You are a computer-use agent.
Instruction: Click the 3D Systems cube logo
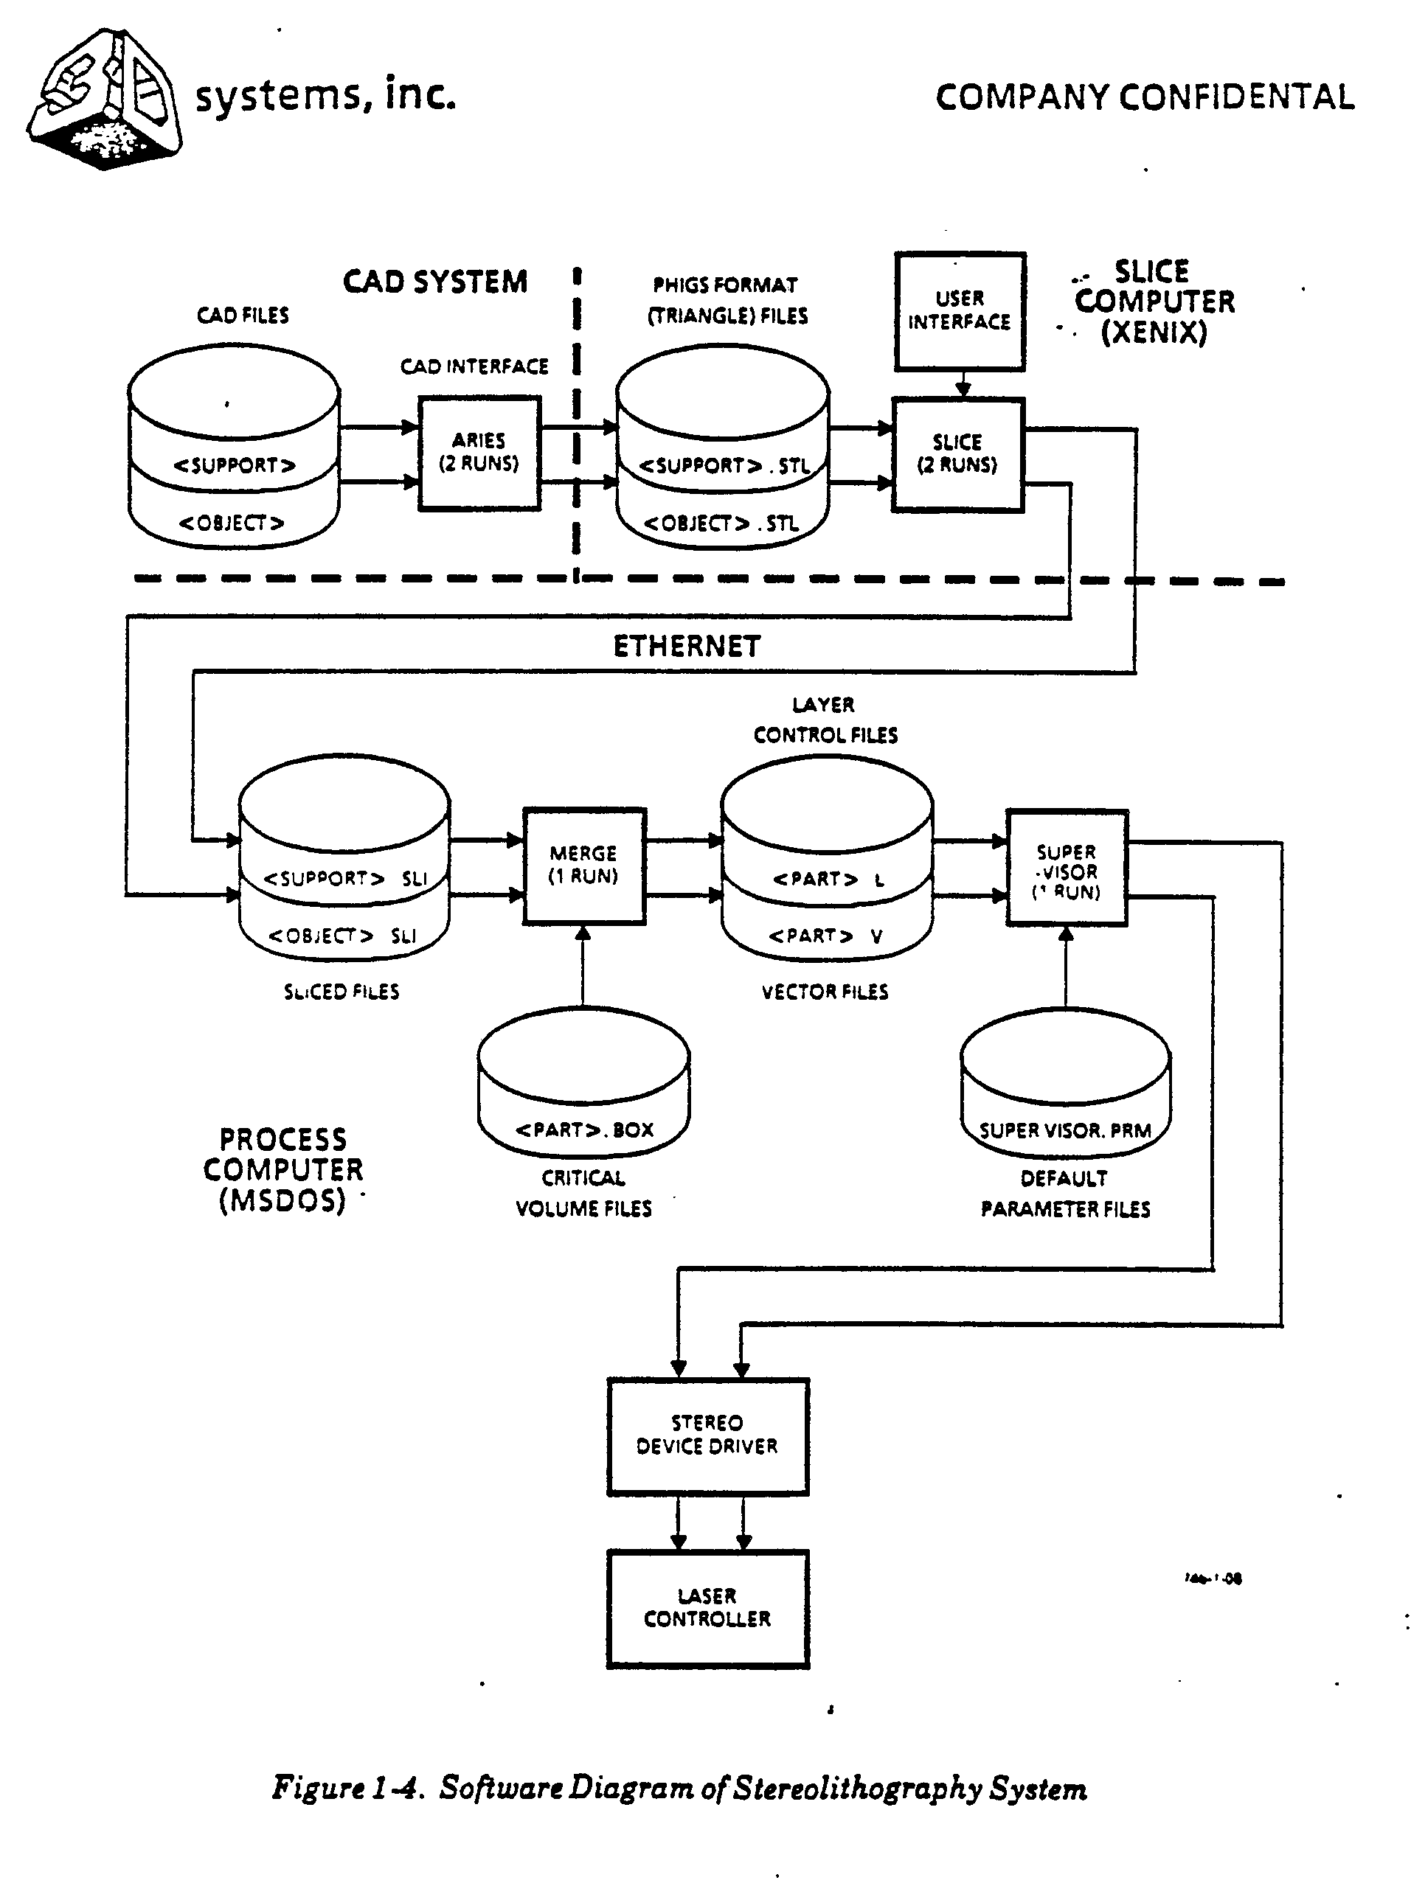point(104,100)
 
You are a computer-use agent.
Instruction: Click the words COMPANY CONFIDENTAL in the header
point(1145,98)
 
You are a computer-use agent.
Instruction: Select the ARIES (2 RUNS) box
point(479,453)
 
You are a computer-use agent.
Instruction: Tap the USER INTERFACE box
point(960,310)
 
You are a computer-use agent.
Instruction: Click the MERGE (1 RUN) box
point(584,866)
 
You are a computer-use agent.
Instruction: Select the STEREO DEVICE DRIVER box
point(707,1435)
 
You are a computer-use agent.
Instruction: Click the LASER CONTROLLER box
point(707,1608)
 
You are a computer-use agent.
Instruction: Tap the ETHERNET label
point(687,647)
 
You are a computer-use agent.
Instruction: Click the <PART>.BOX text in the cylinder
point(584,1130)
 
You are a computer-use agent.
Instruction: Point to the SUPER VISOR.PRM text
point(1065,1130)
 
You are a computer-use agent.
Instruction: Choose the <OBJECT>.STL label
point(721,523)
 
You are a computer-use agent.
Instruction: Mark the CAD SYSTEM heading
point(435,282)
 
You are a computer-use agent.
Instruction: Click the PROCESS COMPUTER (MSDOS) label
point(282,1169)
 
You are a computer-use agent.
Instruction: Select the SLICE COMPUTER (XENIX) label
point(1154,302)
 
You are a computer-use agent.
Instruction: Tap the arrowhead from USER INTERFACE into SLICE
point(963,390)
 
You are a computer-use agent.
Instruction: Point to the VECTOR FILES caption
point(825,992)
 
